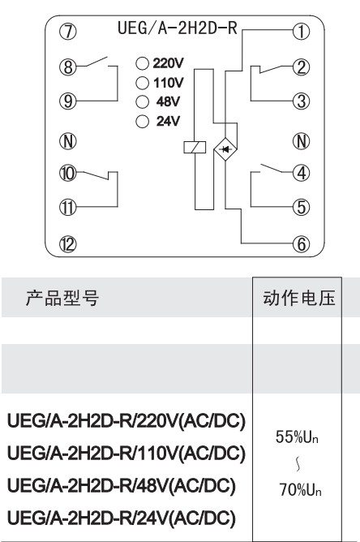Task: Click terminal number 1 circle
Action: click(x=302, y=32)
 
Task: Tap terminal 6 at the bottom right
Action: click(x=302, y=244)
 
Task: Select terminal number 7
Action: click(x=68, y=32)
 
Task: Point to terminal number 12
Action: click(x=68, y=244)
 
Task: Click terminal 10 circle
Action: click(x=68, y=173)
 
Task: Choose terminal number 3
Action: click(x=302, y=101)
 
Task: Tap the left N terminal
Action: click(x=68, y=141)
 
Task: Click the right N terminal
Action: click(x=302, y=141)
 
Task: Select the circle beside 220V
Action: click(x=143, y=63)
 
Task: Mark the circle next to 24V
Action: click(x=143, y=122)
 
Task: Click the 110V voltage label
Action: click(x=169, y=83)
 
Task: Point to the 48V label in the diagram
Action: click(x=168, y=101)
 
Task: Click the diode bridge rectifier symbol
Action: click(x=225, y=149)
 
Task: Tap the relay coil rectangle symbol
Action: click(x=195, y=147)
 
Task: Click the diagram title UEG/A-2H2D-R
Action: click(x=178, y=28)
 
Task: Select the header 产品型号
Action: click(x=62, y=298)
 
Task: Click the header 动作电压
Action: click(x=299, y=298)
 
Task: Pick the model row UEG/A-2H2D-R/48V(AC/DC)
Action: click(x=122, y=486)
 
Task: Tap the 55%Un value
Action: click(x=297, y=437)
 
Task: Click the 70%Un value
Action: click(x=300, y=489)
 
